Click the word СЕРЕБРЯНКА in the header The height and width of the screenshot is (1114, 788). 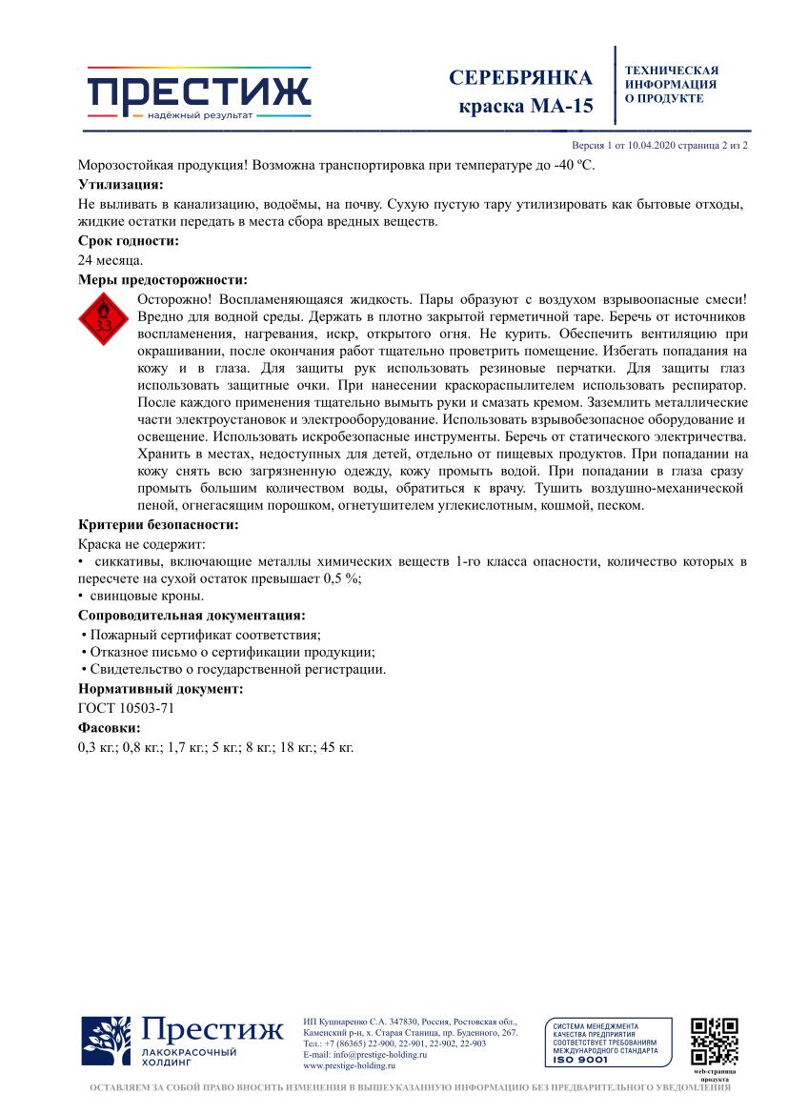tap(520, 78)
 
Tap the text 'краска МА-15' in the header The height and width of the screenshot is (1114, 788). tap(526, 106)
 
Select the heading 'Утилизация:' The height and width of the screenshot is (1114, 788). tap(120, 184)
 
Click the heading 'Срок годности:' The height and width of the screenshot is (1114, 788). tap(128, 241)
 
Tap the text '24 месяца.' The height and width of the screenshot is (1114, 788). tap(111, 260)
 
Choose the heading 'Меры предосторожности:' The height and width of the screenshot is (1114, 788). tap(162, 279)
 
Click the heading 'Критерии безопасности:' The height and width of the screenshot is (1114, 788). tap(157, 524)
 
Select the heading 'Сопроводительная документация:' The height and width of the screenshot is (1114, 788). tap(192, 615)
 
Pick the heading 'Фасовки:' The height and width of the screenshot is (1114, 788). tap(109, 727)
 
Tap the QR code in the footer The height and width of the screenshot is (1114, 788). tap(714, 1042)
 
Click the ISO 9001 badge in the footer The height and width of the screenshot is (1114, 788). tap(603, 1043)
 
